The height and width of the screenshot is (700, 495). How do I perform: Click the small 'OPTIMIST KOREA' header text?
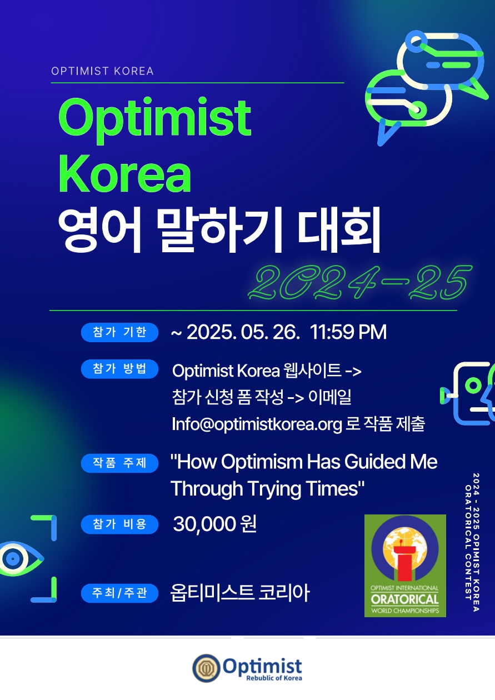(102, 71)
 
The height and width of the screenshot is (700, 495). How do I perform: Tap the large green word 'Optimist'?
(155, 118)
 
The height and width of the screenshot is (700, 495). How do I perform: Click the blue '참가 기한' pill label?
(119, 332)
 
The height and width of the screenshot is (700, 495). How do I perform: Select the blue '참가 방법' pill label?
(119, 369)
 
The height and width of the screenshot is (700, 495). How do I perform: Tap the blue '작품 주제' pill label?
(119, 463)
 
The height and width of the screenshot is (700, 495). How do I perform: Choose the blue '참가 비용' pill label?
(119, 524)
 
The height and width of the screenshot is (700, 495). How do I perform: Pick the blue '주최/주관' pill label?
(119, 593)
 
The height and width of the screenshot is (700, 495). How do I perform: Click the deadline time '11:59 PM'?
(348, 332)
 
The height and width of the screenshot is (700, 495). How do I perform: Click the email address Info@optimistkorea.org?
(257, 424)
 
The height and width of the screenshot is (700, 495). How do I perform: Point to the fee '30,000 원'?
(215, 524)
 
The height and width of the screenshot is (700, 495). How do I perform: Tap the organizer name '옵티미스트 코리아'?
(240, 593)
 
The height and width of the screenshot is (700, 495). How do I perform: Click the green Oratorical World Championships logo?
(405, 565)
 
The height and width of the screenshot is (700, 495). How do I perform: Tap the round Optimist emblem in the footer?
(206, 668)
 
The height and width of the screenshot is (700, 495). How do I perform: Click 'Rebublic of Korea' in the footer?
(274, 678)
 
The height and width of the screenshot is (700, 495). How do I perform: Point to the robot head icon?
(472, 392)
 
